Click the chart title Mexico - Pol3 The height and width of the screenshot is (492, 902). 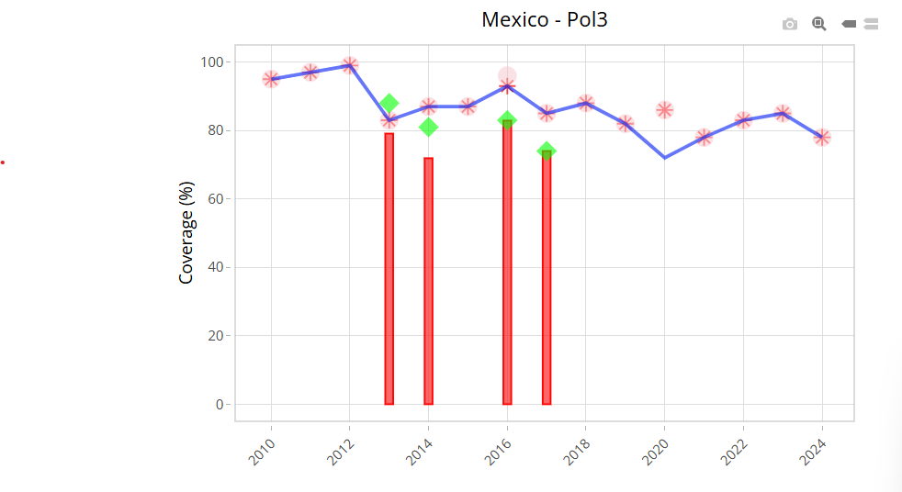544,19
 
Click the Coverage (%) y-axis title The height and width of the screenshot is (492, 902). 186,233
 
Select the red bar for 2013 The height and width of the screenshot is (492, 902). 389,269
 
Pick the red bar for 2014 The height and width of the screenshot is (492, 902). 428,281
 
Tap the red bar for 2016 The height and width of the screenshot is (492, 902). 507,266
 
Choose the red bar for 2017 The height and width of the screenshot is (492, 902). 547,280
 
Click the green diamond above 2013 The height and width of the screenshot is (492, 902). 389,103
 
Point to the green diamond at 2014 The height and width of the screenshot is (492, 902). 428,127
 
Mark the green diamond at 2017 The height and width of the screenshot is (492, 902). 547,151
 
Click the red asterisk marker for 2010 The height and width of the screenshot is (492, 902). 271,79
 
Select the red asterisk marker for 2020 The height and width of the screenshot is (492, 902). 664,110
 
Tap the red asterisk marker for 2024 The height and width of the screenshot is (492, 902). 822,137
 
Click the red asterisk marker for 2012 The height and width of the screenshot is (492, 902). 350,65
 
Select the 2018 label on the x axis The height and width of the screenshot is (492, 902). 577,452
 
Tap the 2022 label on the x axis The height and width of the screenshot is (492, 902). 734,452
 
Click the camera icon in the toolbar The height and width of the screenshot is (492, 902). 790,24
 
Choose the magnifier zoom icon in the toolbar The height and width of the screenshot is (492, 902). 818,24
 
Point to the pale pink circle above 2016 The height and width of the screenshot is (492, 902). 507,75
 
